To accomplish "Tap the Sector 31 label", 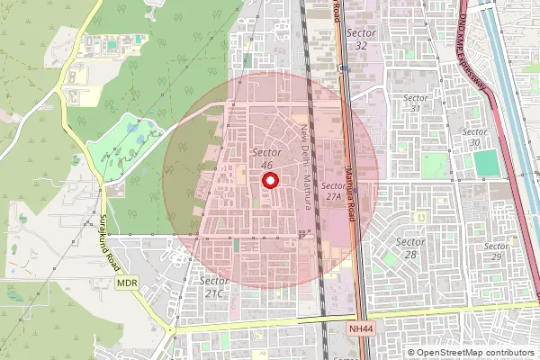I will coord(415,103).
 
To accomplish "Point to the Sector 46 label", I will coord(266,158).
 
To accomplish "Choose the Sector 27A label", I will coord(334,190).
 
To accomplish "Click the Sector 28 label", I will coord(410,248).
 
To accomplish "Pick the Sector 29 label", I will coord(496,251).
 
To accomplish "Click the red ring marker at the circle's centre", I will coord(269,180).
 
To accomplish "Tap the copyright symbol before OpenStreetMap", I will coord(411,353).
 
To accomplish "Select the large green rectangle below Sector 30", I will coord(485,163).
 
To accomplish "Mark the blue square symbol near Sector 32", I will coord(345,68).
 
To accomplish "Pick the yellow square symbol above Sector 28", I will coord(418,216).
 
